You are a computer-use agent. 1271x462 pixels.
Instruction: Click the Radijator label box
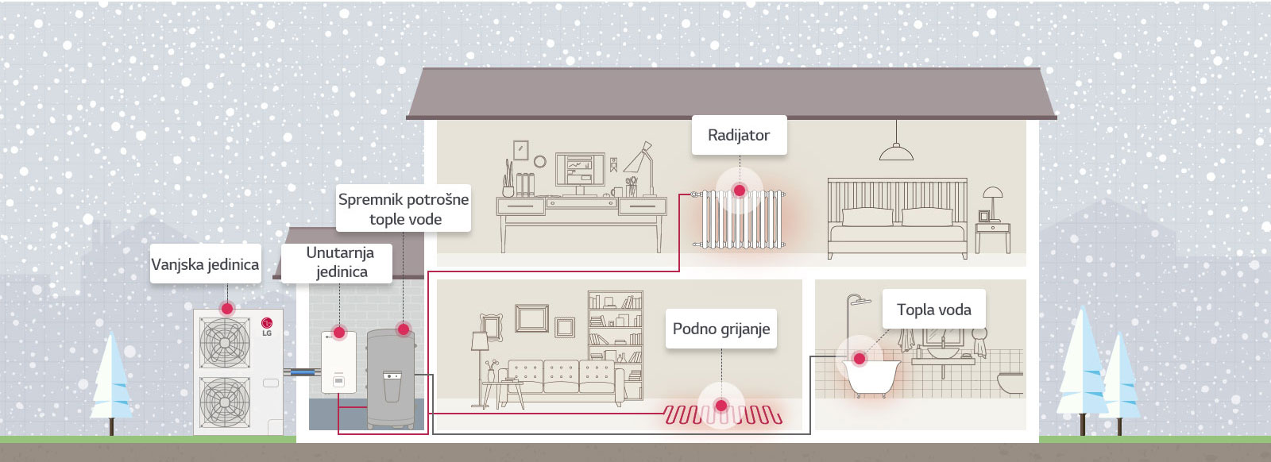pyautogui.click(x=739, y=135)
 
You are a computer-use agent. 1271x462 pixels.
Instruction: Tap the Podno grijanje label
pyautogui.click(x=721, y=329)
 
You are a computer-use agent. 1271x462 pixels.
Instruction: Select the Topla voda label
pyautogui.click(x=933, y=310)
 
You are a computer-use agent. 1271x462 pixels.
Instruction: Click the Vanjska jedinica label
pyautogui.click(x=205, y=264)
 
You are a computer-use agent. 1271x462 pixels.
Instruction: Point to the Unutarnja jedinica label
pyautogui.click(x=340, y=262)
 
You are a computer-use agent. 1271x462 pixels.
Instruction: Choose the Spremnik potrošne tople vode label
pyautogui.click(x=404, y=209)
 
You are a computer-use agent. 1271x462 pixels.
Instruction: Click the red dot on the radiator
pyautogui.click(x=740, y=191)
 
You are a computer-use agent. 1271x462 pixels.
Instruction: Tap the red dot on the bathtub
pyautogui.click(x=859, y=359)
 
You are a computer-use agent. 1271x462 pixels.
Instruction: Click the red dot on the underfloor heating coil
pyautogui.click(x=721, y=406)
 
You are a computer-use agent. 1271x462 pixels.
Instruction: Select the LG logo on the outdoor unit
pyautogui.click(x=267, y=325)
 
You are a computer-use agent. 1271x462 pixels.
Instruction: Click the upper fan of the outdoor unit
pyautogui.click(x=224, y=342)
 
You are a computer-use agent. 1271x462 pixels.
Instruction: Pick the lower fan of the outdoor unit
pyautogui.click(x=224, y=400)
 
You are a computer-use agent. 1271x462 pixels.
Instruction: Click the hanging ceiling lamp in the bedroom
pyautogui.click(x=896, y=151)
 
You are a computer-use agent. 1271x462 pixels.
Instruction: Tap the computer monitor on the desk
pyautogui.click(x=579, y=171)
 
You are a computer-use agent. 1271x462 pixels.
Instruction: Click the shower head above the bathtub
pyautogui.click(x=856, y=301)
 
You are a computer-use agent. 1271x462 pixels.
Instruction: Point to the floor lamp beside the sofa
pyautogui.click(x=480, y=349)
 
